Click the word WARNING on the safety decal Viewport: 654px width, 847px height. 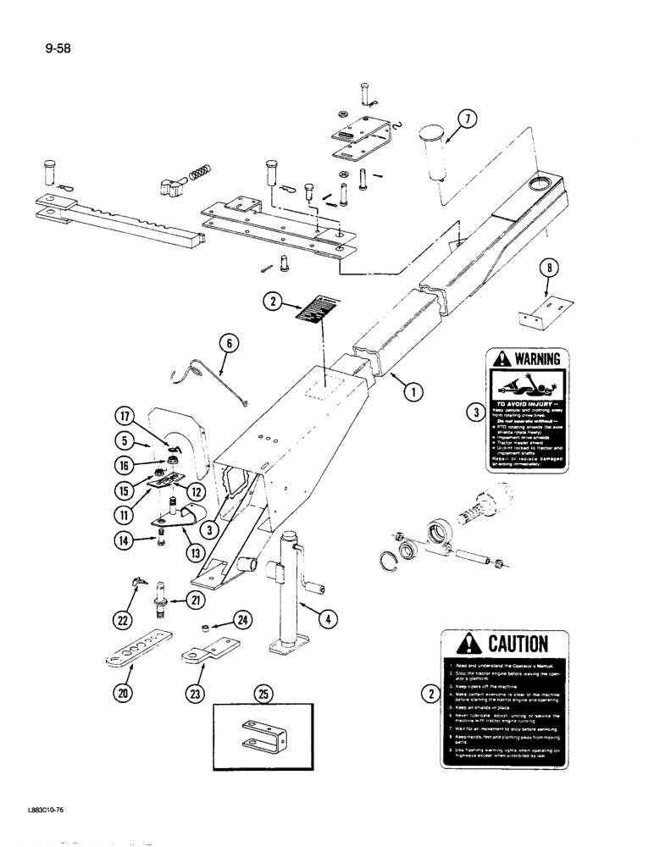532,358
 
